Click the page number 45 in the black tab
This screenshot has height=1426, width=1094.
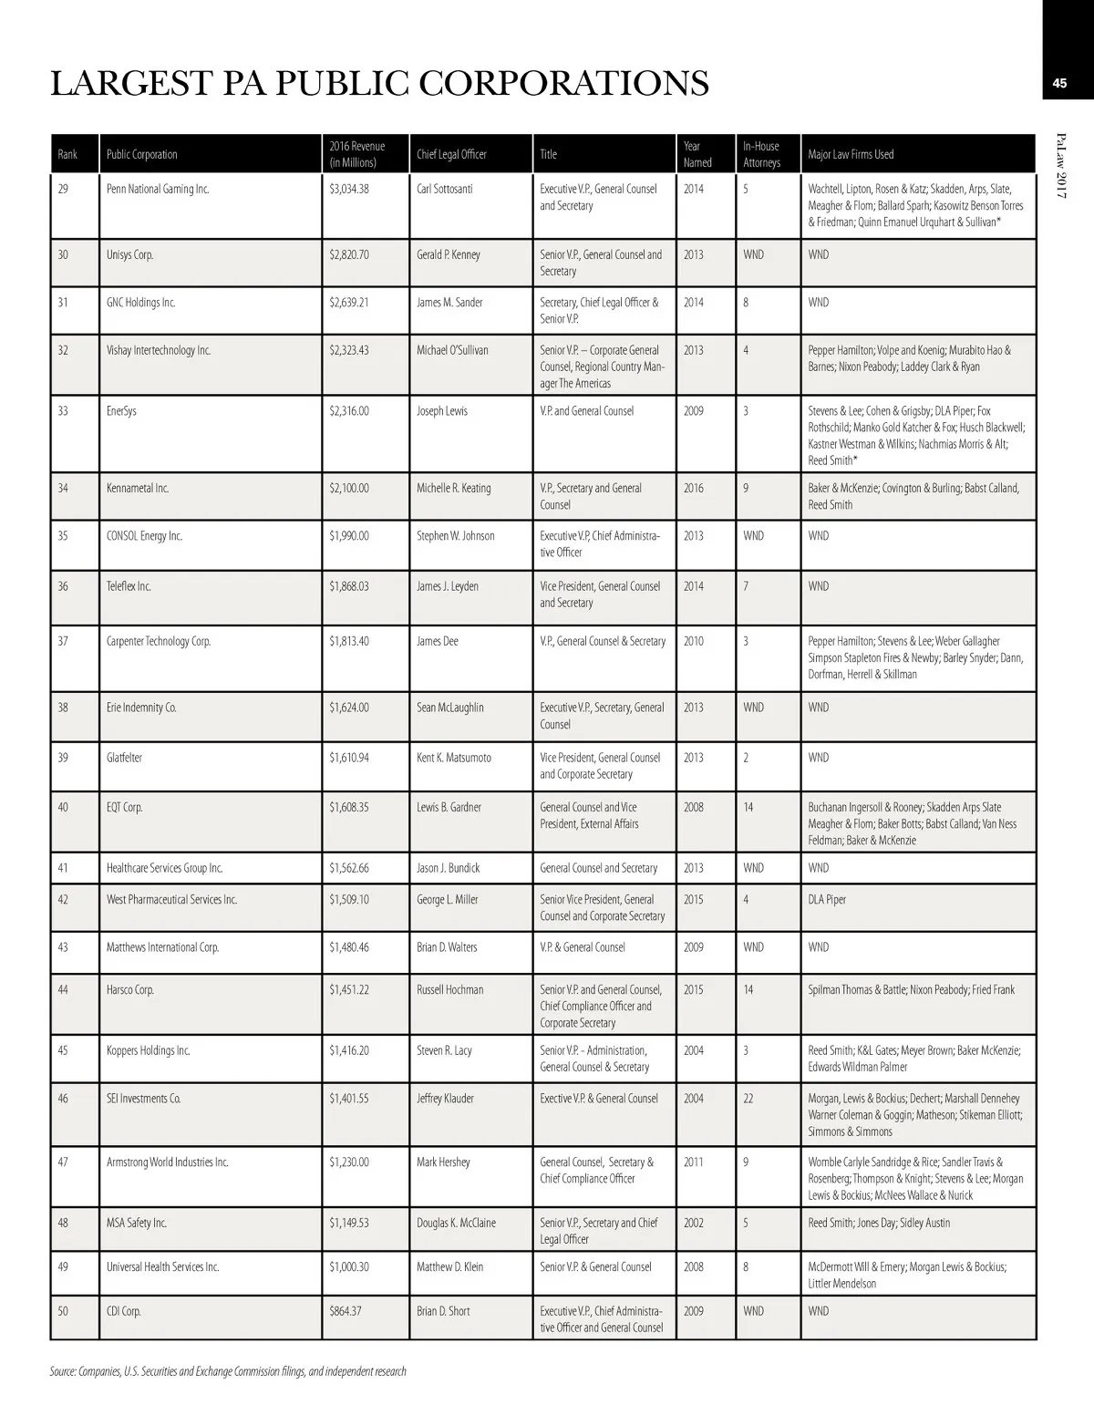[1058, 84]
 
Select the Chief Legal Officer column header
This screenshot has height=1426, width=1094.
[451, 154]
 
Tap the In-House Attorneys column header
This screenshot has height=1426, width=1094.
[761, 154]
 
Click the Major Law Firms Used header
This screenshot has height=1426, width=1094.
[851, 154]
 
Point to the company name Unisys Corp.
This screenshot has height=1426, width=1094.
[129, 254]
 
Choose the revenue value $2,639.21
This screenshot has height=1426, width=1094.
[349, 303]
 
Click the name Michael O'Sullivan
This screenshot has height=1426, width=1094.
[452, 350]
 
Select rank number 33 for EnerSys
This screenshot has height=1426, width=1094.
[63, 411]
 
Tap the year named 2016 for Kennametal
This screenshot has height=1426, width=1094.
[694, 489]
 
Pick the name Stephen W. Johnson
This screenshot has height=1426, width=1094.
[455, 536]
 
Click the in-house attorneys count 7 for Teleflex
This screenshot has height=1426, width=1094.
[746, 586]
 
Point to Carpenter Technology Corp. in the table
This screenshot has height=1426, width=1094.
[159, 642]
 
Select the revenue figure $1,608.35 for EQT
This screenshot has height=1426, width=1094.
[349, 808]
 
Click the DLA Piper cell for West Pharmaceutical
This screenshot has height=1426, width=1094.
[827, 900]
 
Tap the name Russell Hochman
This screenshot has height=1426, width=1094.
[450, 990]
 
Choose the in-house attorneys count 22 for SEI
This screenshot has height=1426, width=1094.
[748, 1099]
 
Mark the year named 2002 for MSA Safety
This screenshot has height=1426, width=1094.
[694, 1223]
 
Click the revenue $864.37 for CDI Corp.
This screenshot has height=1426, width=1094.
[346, 1311]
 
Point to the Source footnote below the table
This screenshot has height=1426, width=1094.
[228, 1371]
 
